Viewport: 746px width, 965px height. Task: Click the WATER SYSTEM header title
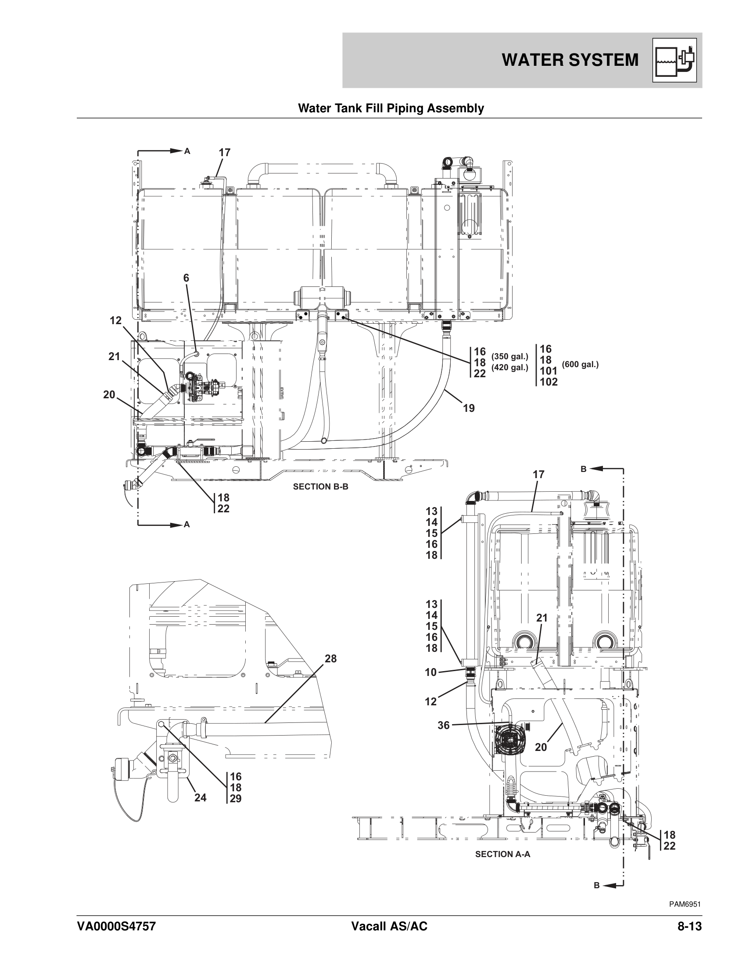click(570, 60)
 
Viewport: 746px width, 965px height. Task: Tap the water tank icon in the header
click(674, 60)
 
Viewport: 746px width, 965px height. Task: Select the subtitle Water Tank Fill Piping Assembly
click(391, 108)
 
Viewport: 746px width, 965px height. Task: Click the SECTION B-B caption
click(320, 486)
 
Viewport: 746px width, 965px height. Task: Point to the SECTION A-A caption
click(502, 854)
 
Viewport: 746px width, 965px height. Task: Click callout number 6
click(186, 278)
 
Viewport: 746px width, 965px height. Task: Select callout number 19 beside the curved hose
click(469, 408)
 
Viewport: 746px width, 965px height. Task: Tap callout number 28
click(330, 659)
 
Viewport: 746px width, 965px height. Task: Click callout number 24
click(200, 797)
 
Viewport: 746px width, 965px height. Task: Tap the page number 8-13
click(689, 923)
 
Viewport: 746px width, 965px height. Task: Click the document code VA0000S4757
click(116, 923)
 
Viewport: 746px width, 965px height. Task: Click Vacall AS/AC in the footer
click(389, 923)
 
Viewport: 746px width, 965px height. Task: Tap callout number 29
click(236, 799)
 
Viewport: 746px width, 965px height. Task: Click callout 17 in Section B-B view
click(225, 153)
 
